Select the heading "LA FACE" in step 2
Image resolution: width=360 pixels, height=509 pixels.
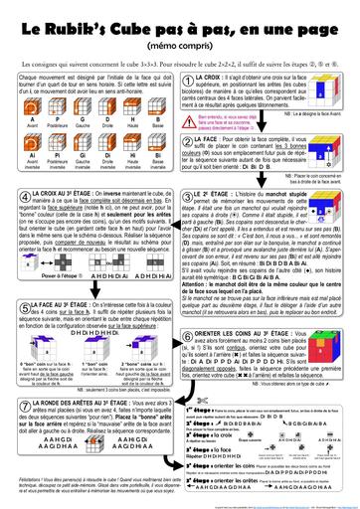pos(216,129)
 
